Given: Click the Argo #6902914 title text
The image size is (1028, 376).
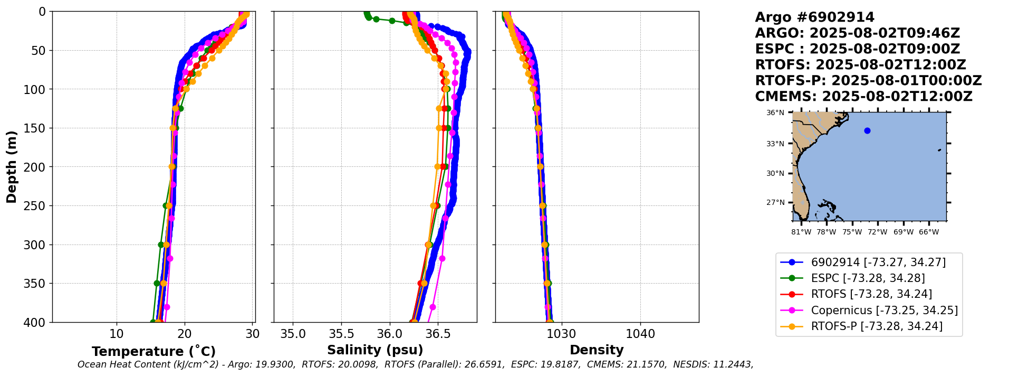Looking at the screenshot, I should click(x=814, y=17).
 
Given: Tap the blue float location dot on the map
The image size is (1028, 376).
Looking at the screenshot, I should click(x=867, y=130).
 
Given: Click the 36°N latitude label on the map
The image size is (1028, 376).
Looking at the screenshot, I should click(x=775, y=112).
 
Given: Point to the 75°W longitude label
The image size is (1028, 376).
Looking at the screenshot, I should click(x=852, y=232).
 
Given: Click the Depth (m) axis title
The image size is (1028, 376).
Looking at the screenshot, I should click(x=12, y=166).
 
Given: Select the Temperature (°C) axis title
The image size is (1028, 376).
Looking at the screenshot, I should click(x=153, y=351).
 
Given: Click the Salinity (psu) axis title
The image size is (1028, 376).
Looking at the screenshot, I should click(x=375, y=350).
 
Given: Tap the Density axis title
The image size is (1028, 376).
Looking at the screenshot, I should click(x=597, y=350).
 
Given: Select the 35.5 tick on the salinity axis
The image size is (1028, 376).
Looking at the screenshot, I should click(x=341, y=334).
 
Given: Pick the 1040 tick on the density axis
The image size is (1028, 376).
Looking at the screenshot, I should click(x=640, y=334).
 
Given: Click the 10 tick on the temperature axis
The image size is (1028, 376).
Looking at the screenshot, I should click(x=117, y=334).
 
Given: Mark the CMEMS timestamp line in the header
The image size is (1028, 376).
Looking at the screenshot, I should click(x=863, y=97).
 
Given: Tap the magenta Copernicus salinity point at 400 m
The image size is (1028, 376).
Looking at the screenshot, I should click(x=433, y=307).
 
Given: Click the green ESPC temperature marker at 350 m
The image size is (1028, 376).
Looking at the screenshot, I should click(x=157, y=283).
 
